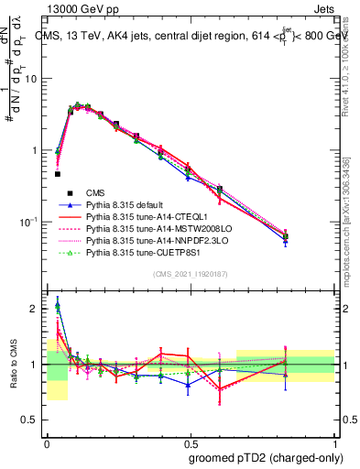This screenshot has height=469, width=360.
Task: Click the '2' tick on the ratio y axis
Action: coord(35,309)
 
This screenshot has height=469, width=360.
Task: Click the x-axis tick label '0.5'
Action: coord(191,441)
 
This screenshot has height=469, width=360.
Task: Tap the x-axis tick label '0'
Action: coord(47,441)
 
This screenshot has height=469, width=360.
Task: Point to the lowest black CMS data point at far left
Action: coord(57,173)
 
